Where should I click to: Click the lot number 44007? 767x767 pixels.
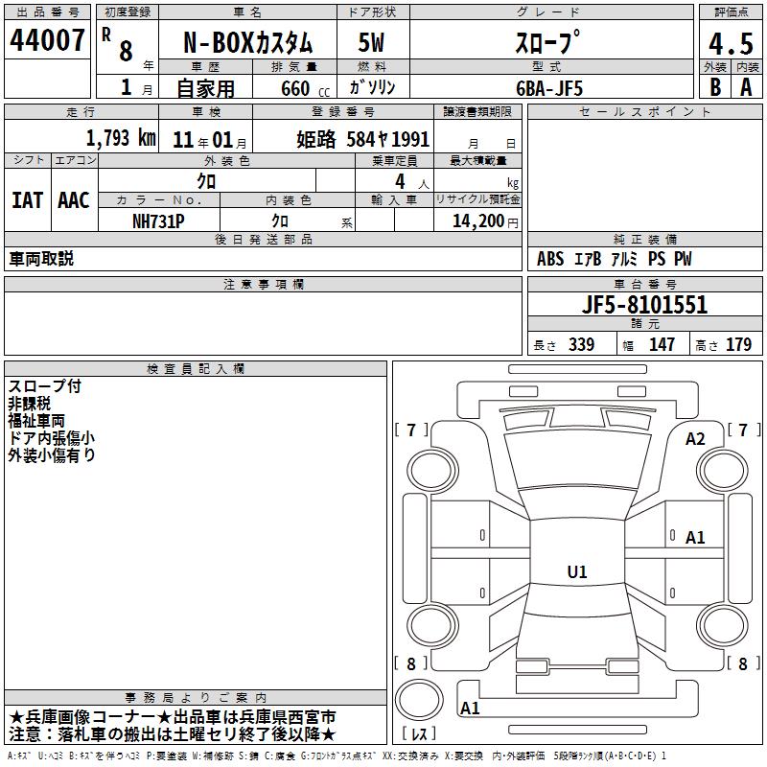point(47,40)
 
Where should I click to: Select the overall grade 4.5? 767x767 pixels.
point(731,44)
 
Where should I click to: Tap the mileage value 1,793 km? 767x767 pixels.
point(121,138)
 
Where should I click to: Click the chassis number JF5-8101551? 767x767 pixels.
point(644,305)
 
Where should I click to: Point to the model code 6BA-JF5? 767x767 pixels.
point(549,88)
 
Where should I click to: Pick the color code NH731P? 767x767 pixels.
point(158,221)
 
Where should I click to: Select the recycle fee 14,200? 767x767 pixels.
point(477,221)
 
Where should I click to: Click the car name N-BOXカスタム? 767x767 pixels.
point(247,43)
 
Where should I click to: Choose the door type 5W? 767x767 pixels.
point(371,42)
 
